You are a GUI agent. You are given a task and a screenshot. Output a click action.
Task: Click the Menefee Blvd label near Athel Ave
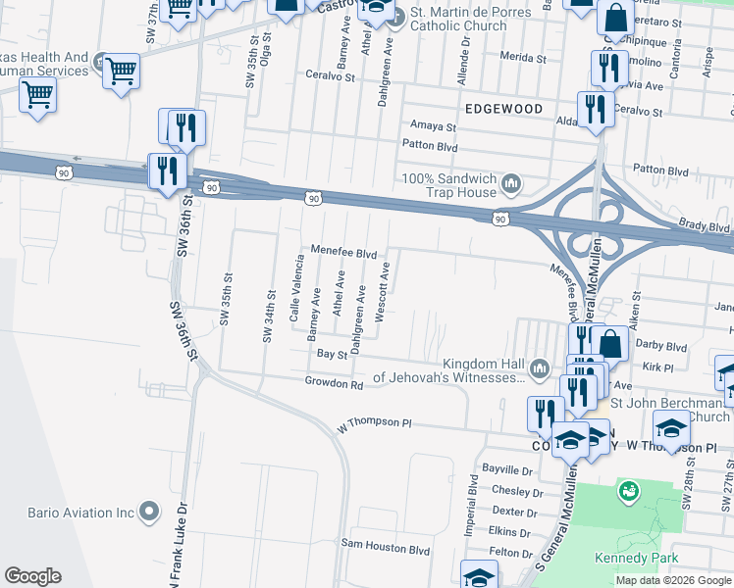[x=343, y=252]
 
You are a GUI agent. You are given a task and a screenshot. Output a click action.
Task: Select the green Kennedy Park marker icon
[x=628, y=489]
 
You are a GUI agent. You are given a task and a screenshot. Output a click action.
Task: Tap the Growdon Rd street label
[x=334, y=383]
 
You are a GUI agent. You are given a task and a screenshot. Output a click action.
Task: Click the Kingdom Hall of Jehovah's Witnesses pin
[x=539, y=368]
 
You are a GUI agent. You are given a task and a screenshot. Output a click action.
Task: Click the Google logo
[x=32, y=576]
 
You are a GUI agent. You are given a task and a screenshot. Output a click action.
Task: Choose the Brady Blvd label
[x=705, y=226]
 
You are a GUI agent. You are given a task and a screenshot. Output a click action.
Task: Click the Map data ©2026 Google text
[x=672, y=580]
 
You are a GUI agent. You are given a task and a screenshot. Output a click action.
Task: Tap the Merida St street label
[x=522, y=59]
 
